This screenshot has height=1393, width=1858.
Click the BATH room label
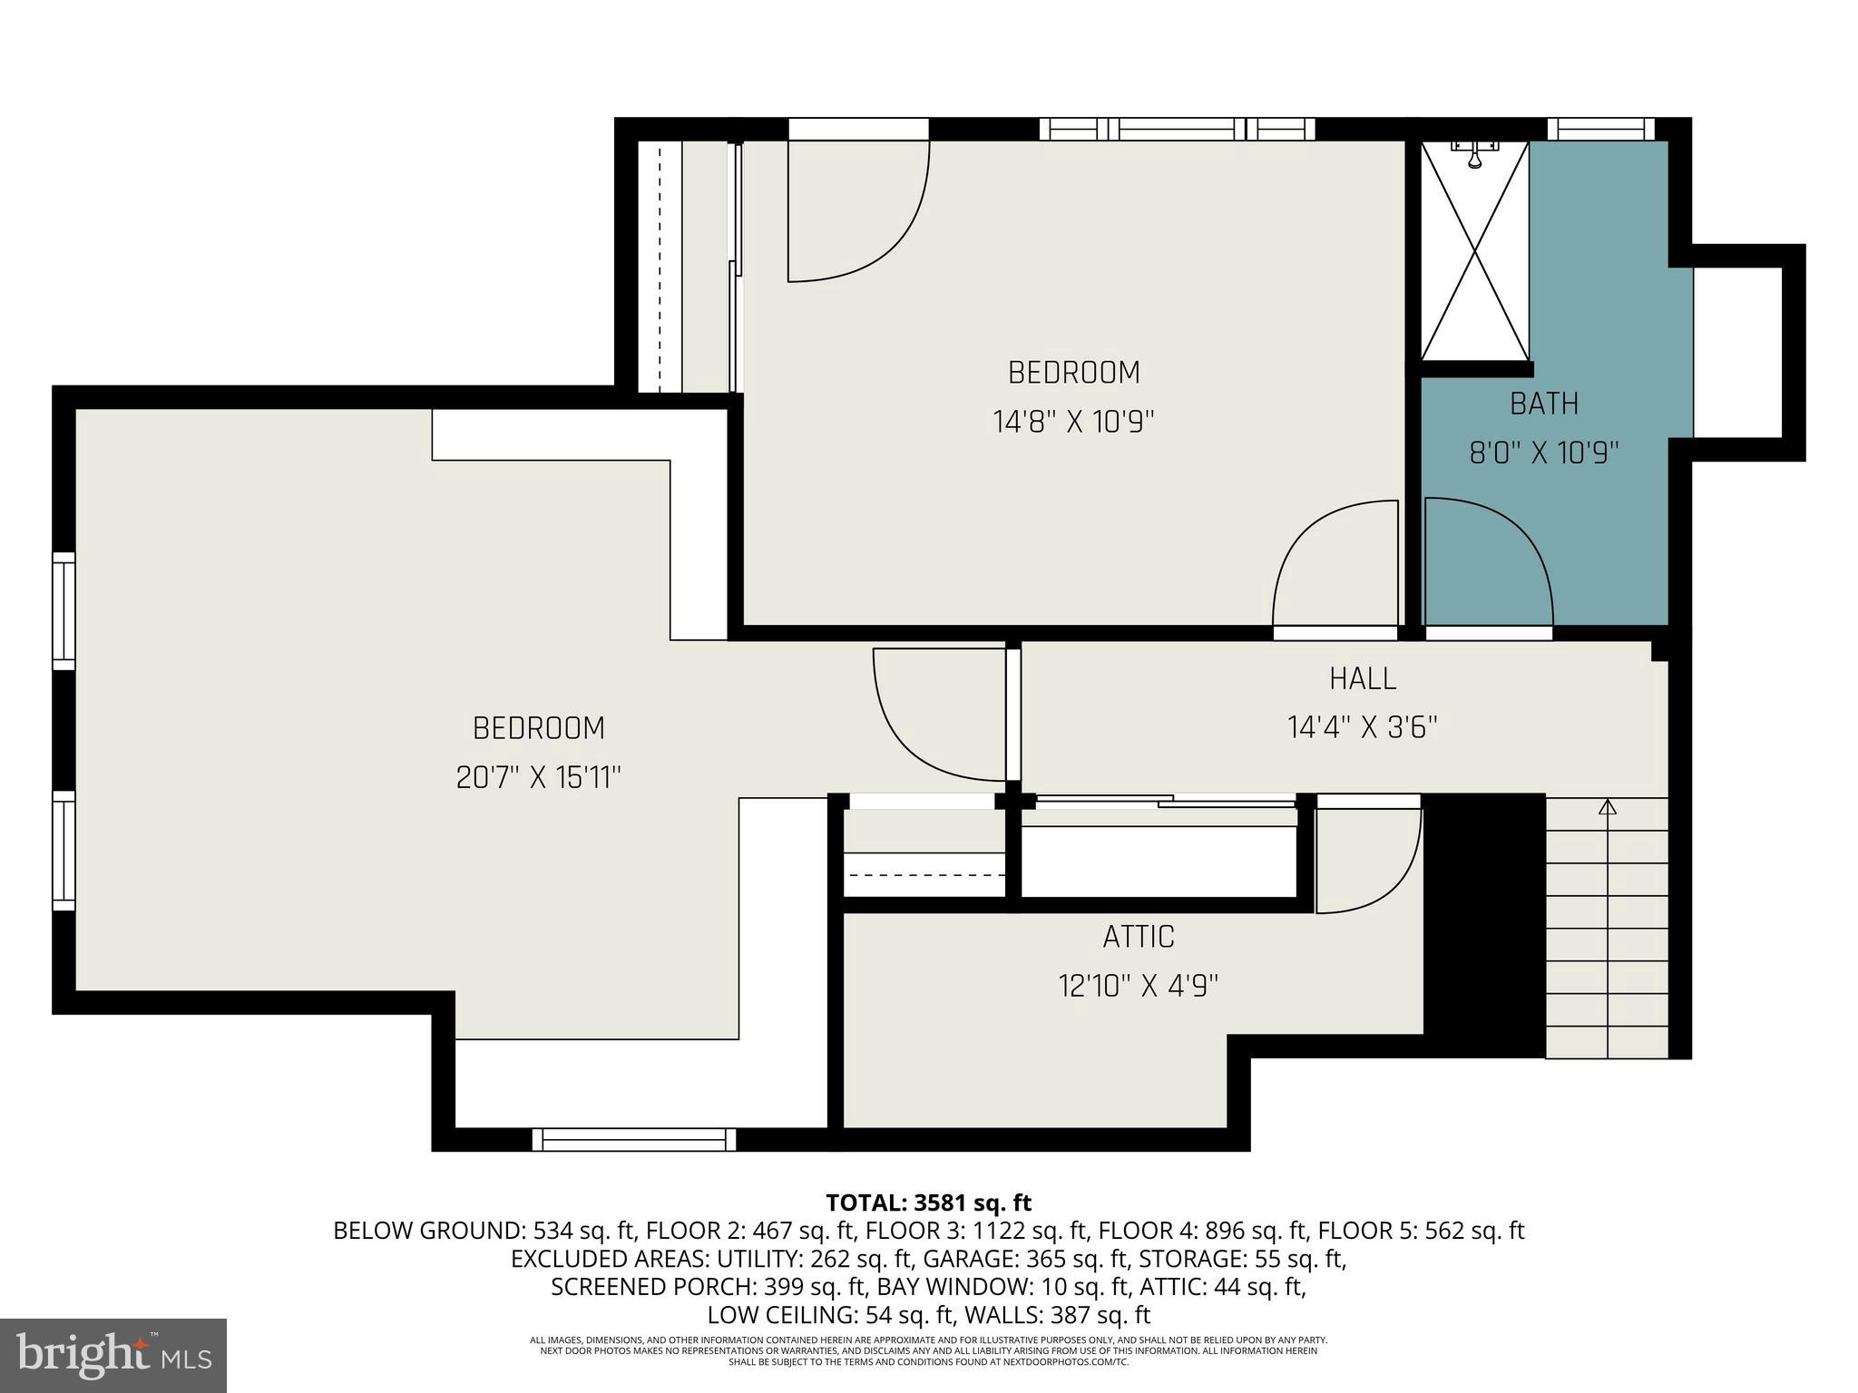[x=1543, y=404]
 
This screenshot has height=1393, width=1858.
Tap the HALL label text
[x=1362, y=678]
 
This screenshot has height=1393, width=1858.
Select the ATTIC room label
[x=1138, y=937]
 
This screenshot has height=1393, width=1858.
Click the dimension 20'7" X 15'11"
[x=538, y=777]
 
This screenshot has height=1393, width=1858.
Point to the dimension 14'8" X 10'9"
[x=1073, y=422]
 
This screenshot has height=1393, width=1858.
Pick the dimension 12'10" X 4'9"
[x=1138, y=986]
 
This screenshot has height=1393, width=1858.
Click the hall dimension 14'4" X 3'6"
[x=1362, y=727]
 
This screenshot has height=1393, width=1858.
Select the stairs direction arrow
[x=1608, y=807]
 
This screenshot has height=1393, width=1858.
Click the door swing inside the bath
[x=1488, y=562]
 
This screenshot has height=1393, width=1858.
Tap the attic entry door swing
[x=1365, y=857]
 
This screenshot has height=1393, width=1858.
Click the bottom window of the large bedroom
[x=633, y=1139]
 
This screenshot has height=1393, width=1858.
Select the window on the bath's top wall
[x=1600, y=130]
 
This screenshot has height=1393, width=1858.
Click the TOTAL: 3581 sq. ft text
[x=928, y=1203]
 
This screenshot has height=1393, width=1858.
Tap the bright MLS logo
[x=113, y=1356]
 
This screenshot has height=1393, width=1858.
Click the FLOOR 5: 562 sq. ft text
[x=1421, y=1231]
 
